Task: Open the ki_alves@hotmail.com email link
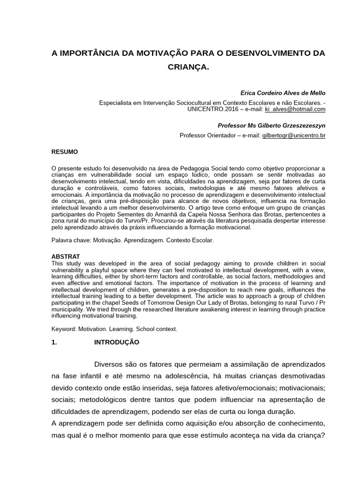(x=295, y=109)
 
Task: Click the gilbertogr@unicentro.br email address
(x=294, y=135)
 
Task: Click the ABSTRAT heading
(x=65, y=257)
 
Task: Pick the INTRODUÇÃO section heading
(x=117, y=342)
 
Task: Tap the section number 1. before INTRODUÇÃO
(x=54, y=342)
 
